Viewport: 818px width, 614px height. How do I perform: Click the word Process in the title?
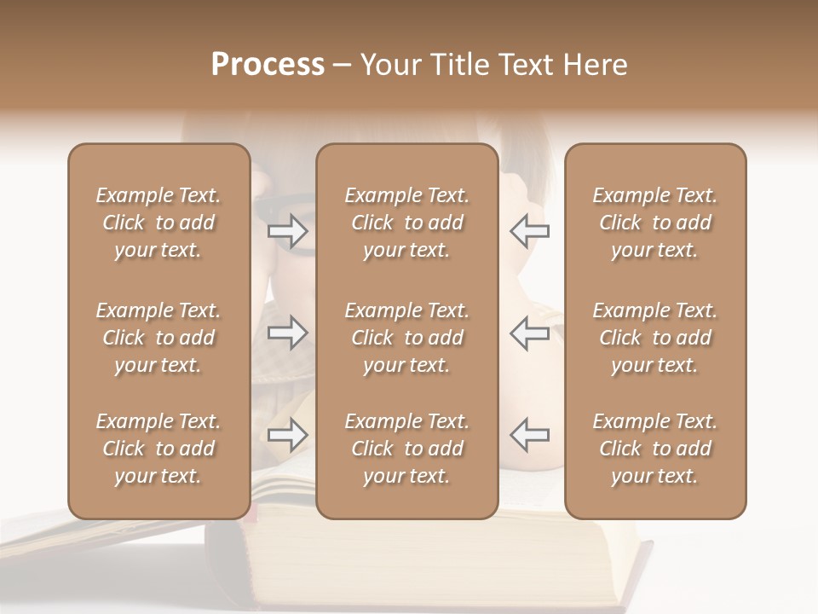pos(268,65)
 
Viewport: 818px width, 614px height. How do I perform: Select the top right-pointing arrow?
pos(288,230)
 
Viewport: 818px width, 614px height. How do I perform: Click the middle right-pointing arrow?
pos(288,333)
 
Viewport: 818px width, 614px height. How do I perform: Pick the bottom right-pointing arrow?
pos(288,435)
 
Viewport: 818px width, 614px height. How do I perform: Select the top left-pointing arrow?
pos(529,230)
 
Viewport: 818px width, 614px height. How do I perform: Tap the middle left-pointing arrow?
pos(529,333)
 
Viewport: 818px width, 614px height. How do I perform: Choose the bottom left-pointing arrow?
pos(529,435)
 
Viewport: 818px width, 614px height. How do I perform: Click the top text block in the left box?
pos(158,223)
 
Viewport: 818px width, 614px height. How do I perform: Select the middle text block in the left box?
pos(158,338)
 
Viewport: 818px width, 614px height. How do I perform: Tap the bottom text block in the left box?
pos(158,449)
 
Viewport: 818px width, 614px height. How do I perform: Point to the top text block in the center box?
pos(406,223)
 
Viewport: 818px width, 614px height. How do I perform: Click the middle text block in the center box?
pos(406,338)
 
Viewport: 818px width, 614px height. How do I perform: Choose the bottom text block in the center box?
pos(406,449)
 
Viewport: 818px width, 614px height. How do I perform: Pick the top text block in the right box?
pos(654,223)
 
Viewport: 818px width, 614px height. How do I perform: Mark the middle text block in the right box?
pos(654,338)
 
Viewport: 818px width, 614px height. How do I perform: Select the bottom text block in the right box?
pos(654,449)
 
